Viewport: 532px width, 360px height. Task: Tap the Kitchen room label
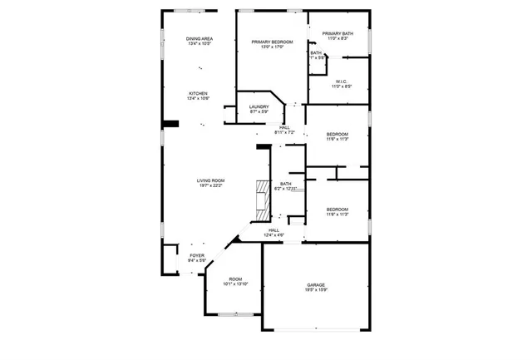(197, 93)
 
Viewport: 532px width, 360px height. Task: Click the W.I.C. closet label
(342, 81)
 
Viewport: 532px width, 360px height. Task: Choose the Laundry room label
(259, 106)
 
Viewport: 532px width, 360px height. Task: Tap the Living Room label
(210, 181)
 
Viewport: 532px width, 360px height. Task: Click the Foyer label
(196, 255)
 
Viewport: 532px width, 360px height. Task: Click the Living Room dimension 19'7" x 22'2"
(210, 187)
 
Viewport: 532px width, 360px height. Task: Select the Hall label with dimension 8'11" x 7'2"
(284, 126)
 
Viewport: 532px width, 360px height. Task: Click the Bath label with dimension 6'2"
(285, 184)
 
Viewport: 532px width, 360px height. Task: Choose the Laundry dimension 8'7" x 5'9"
(259, 112)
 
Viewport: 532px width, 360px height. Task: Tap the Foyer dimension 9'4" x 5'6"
(196, 261)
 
